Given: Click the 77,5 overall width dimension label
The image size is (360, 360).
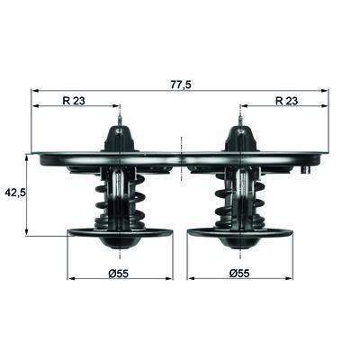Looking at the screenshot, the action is point(181,85).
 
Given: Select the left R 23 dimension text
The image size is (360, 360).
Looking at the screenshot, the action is point(74,101).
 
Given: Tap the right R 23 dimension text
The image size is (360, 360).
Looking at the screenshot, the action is point(286,101).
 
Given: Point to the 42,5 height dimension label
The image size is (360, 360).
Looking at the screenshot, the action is point(15,193).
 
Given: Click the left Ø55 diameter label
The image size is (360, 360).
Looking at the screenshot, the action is point(118,274).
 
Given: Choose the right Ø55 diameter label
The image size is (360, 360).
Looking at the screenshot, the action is point(239,274).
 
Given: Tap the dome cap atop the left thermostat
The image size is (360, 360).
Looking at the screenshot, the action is point(120,139).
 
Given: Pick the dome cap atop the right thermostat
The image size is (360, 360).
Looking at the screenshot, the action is point(241,139).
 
